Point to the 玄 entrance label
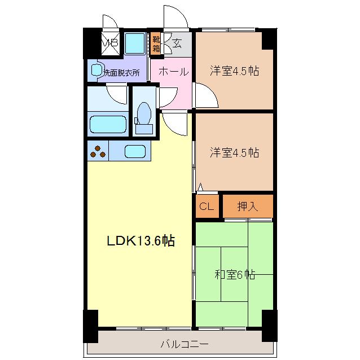point(177,43)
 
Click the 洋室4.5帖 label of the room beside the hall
point(235,72)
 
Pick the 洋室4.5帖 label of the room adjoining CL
point(235,152)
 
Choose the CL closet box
point(207,206)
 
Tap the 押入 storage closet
point(247,206)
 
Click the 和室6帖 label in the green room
point(235,275)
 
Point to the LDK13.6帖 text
point(141,241)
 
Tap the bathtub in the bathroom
point(107,124)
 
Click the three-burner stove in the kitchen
point(98,151)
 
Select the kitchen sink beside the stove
point(135,151)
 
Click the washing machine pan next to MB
point(134,43)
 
